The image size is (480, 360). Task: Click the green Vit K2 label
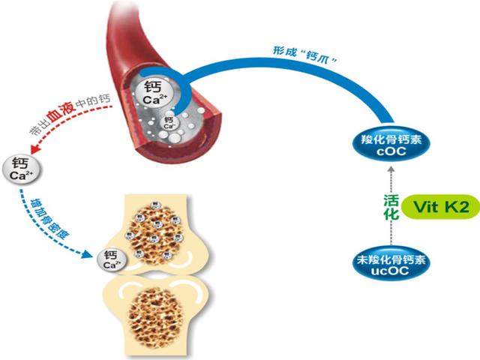click(440, 208)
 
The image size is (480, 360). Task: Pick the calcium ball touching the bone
click(112, 260)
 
